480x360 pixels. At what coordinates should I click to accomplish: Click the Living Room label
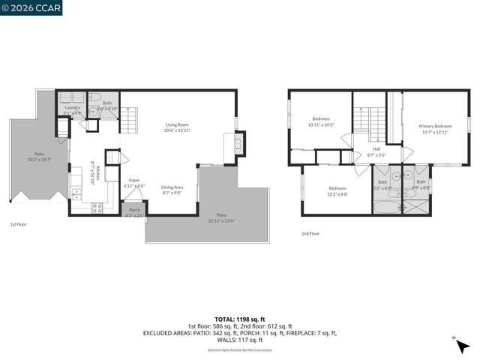tap(177, 124)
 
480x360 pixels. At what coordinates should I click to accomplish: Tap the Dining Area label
tap(172, 187)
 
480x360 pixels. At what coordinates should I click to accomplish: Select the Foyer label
tap(134, 180)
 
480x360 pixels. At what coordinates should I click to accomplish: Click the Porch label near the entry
tap(134, 210)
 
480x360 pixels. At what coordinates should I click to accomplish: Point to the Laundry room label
tap(73, 107)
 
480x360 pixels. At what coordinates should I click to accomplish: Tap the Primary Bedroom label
tap(436, 126)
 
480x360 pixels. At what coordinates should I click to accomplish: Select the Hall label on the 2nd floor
tap(376, 148)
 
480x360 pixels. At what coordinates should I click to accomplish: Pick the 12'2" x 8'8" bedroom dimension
tap(337, 193)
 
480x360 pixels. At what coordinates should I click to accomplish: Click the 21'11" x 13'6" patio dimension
tap(222, 221)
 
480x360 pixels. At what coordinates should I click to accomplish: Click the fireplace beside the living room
tap(238, 143)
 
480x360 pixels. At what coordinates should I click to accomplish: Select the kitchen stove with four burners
tap(97, 209)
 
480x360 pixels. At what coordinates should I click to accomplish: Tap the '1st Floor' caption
tap(19, 224)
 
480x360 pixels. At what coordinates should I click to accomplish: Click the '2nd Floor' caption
tap(310, 233)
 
